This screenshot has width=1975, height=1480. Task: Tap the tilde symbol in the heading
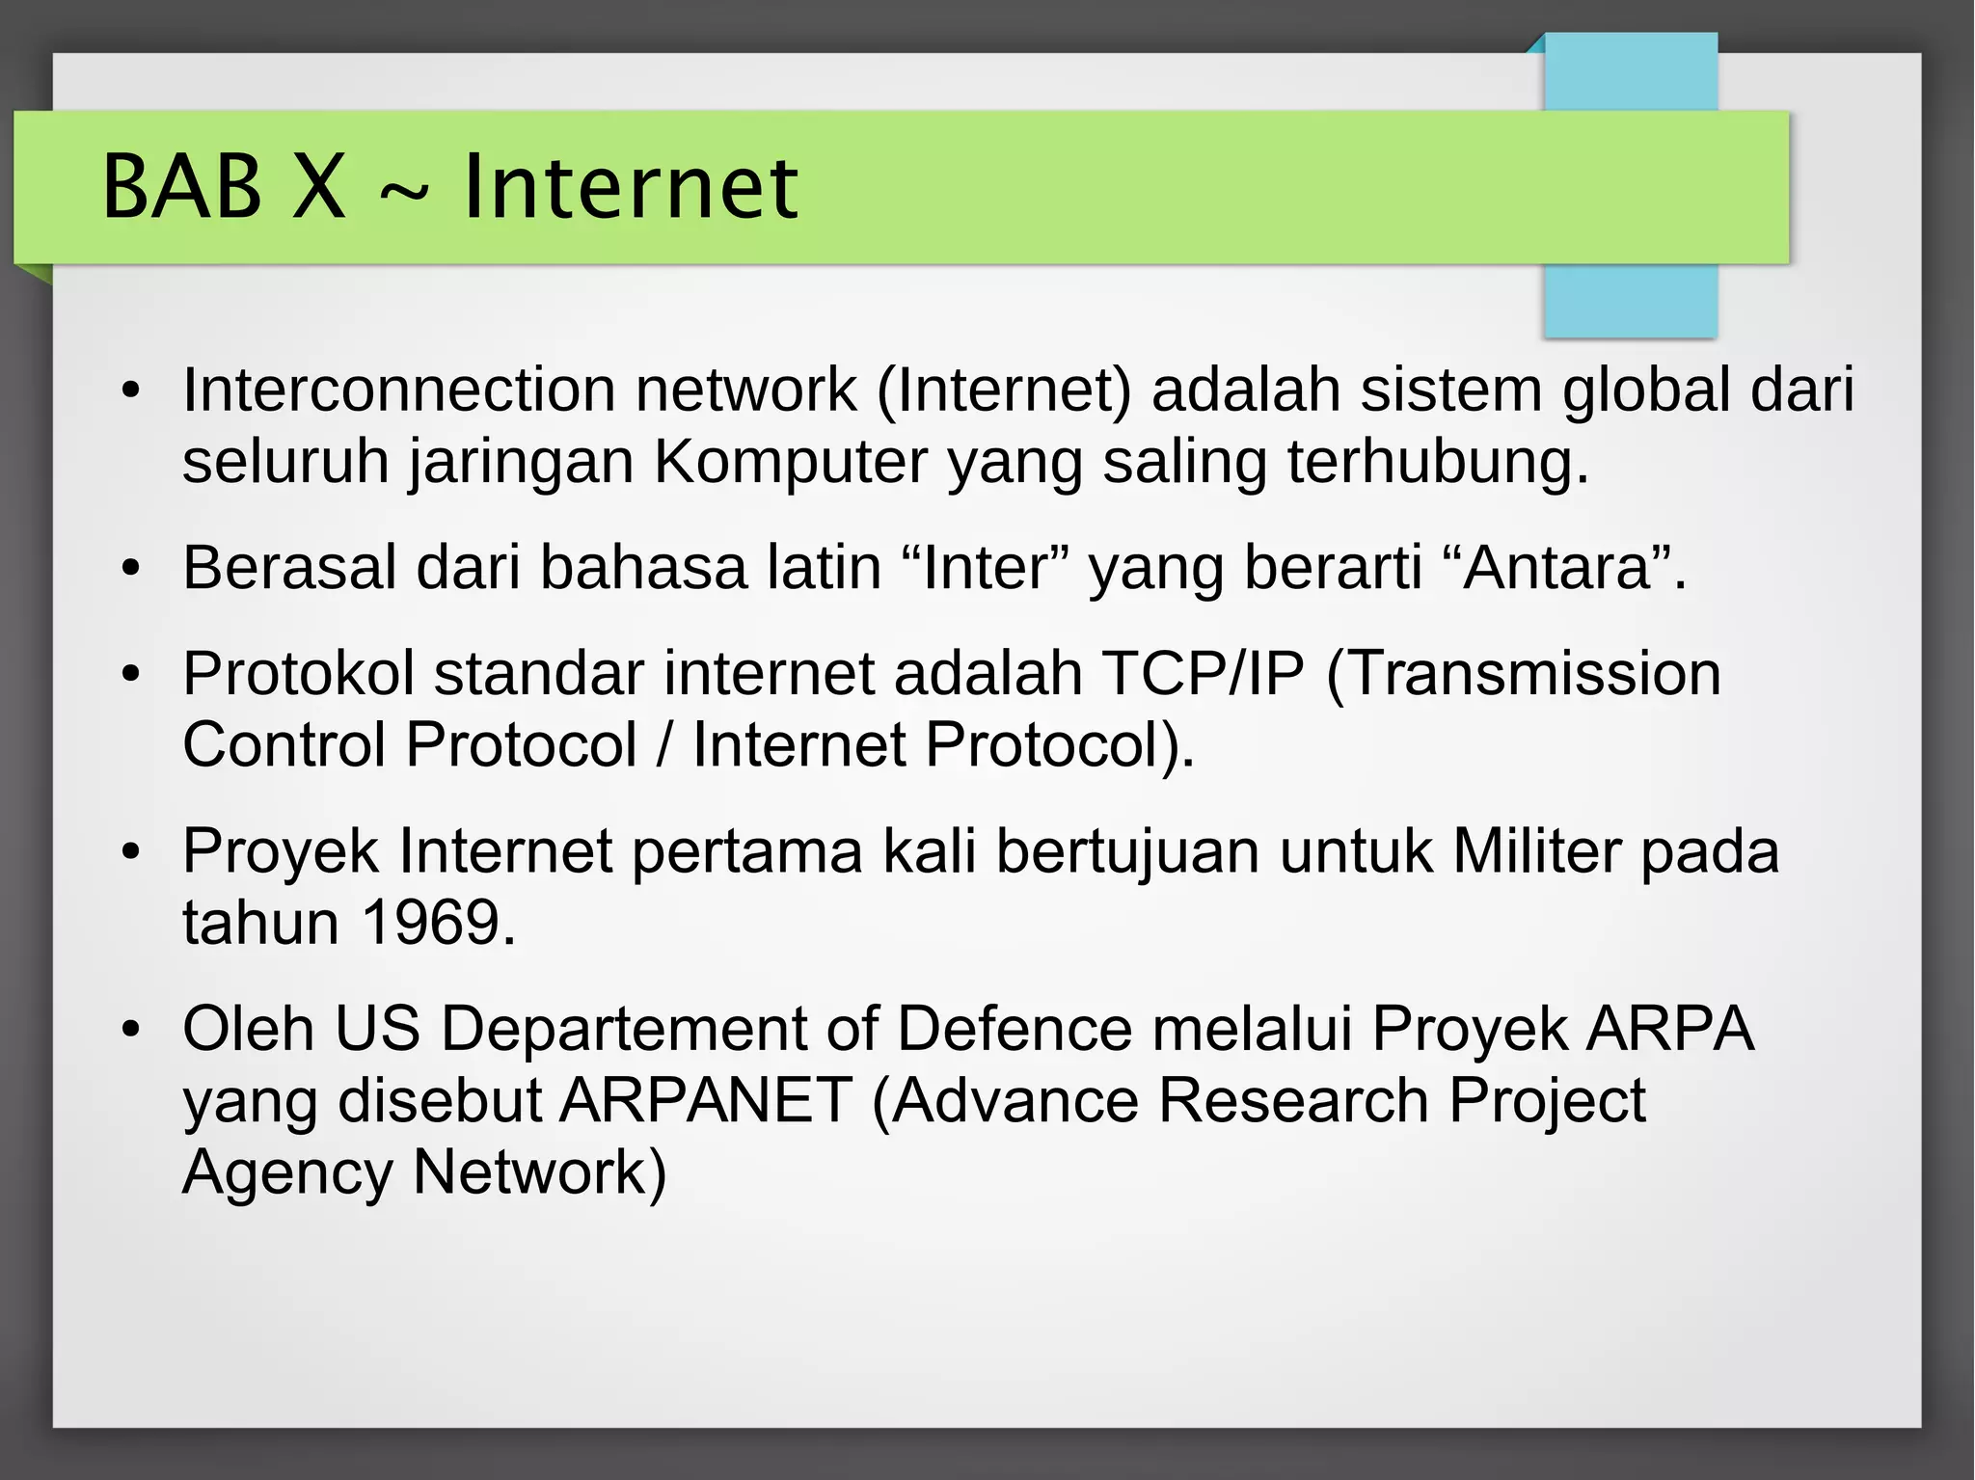point(403,193)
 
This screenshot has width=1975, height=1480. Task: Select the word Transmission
point(1524,673)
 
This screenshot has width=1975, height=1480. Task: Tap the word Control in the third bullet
point(284,745)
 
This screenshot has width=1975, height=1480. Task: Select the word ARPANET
point(706,1100)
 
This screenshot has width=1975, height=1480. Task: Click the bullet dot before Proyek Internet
point(131,852)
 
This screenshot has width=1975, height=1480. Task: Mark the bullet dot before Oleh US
point(131,1030)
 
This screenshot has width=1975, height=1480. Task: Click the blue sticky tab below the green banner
point(1631,300)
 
